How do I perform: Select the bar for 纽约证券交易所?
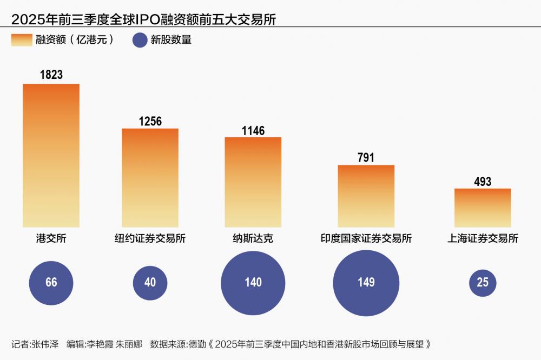click(x=150, y=178)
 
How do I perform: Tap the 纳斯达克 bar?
click(x=253, y=182)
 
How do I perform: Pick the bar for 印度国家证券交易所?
click(x=366, y=196)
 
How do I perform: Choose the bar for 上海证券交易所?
click(x=483, y=208)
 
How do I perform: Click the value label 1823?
click(x=51, y=75)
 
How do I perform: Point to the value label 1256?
click(x=150, y=121)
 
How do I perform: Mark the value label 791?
click(x=366, y=158)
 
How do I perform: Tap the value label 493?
click(x=482, y=182)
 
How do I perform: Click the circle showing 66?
click(x=51, y=282)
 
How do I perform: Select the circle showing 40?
click(x=150, y=282)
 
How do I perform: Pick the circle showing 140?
click(x=253, y=282)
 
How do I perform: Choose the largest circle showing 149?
click(x=366, y=283)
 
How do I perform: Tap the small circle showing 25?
click(x=483, y=283)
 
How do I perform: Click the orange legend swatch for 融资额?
click(x=22, y=40)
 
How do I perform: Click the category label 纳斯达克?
click(x=253, y=239)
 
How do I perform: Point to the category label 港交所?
click(x=51, y=239)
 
